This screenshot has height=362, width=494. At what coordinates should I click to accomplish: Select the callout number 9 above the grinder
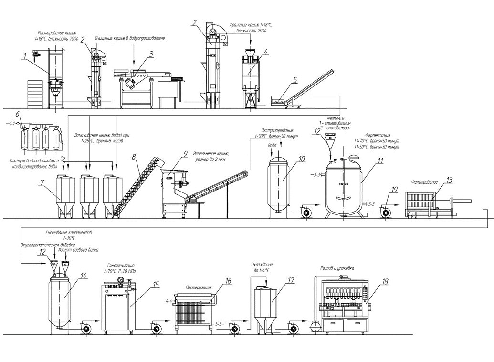(x=186, y=154)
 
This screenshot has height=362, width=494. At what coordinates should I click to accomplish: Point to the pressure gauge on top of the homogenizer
(x=121, y=280)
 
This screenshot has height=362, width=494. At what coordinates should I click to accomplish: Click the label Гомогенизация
(x=119, y=265)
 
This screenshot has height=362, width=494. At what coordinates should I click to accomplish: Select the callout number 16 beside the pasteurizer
(x=229, y=281)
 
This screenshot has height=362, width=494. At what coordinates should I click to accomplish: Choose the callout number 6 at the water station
(x=18, y=114)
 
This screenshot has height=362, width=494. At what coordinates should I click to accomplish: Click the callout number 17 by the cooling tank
(x=291, y=281)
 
